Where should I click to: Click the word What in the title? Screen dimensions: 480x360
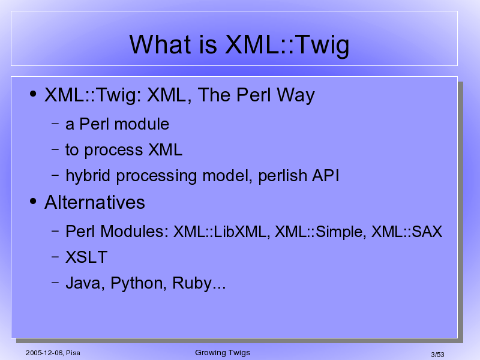click(x=159, y=44)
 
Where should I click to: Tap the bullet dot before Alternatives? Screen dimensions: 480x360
click(x=33, y=201)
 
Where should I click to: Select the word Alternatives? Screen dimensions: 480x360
click(x=95, y=202)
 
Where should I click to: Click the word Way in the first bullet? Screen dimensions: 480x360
click(x=296, y=95)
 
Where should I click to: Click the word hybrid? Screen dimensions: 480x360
click(x=88, y=176)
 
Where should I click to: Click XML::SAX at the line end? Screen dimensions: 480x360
click(x=407, y=232)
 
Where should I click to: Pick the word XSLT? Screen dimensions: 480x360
click(x=86, y=257)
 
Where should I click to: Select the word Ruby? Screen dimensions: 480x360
click(x=192, y=283)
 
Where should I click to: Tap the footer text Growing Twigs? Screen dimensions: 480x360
click(x=223, y=353)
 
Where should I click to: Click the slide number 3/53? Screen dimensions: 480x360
click(x=437, y=355)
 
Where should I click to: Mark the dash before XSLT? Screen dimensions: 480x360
click(x=55, y=257)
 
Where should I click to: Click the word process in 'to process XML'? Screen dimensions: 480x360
click(x=113, y=151)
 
